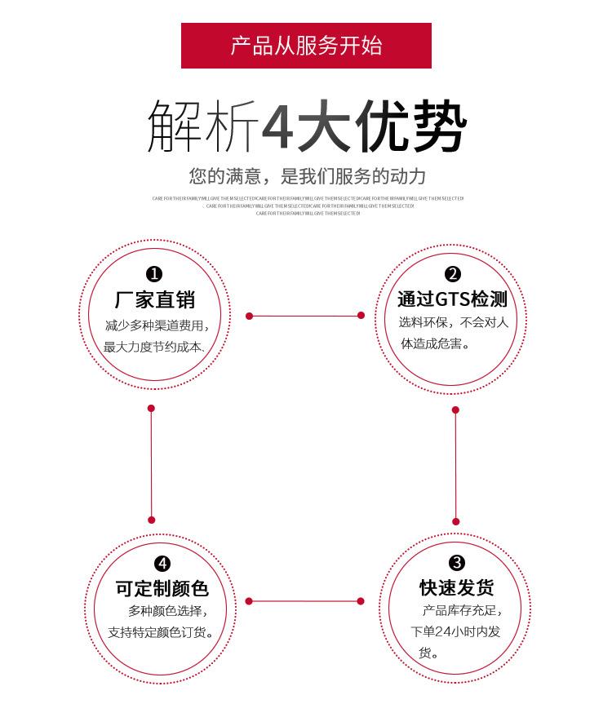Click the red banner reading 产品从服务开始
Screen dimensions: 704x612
tap(306, 46)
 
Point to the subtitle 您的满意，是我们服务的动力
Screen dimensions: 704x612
tap(307, 176)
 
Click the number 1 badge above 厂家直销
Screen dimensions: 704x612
tap(154, 274)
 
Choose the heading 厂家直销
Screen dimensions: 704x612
tap(155, 299)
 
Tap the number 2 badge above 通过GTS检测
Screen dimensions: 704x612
tap(453, 274)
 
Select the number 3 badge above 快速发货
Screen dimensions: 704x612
tap(457, 563)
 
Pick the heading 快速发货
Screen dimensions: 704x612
tap(457, 588)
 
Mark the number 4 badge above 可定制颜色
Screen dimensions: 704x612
tap(162, 563)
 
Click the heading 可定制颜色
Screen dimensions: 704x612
tap(162, 588)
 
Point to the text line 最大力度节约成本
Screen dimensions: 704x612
tap(154, 347)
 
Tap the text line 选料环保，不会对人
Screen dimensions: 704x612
tap(453, 322)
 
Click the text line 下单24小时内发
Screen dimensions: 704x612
tap(456, 631)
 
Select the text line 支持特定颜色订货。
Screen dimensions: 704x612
tap(161, 632)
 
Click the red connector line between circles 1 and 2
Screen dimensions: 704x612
tap(305, 316)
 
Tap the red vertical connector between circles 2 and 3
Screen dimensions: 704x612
tap(455, 465)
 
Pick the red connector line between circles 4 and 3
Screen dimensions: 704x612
tap(305, 601)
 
